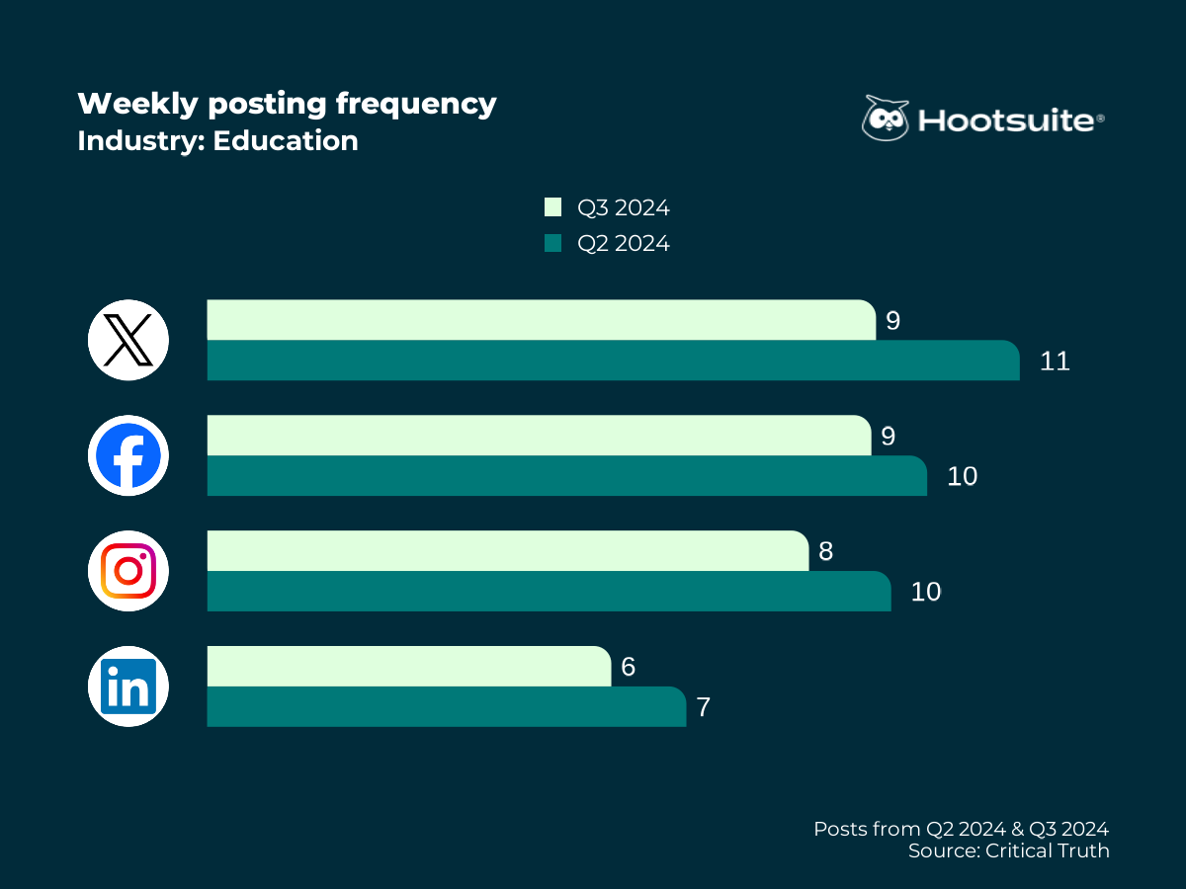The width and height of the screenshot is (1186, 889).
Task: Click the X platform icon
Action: (128, 340)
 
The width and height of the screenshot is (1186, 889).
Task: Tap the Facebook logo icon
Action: (128, 455)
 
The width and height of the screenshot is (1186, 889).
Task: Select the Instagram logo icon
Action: (128, 571)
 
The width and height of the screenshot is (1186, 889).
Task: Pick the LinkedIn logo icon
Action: (128, 687)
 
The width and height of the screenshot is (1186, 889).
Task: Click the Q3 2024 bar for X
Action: (541, 320)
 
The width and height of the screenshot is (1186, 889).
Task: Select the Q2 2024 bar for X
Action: (613, 361)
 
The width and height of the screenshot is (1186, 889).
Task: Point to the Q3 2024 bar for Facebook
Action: (539, 436)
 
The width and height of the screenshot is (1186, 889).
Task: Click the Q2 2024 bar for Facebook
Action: (566, 476)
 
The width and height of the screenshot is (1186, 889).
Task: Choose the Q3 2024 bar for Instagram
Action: (507, 551)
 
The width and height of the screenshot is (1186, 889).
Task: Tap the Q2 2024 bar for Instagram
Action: (549, 592)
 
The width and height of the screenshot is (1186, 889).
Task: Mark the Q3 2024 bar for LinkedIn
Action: (408, 667)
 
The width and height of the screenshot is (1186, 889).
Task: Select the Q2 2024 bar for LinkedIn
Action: (446, 707)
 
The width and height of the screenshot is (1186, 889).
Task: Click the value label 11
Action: (1055, 362)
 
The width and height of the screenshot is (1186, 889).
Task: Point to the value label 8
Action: (825, 551)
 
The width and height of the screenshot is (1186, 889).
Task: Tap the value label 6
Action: (628, 668)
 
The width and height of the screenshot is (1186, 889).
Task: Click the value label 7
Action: (703, 708)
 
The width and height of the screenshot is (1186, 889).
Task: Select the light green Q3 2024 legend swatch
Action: (552, 207)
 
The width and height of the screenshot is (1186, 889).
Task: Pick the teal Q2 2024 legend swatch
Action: (552, 243)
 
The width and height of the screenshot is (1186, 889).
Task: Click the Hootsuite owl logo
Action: (885, 119)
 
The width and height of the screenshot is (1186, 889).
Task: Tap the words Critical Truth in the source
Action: (1048, 850)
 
